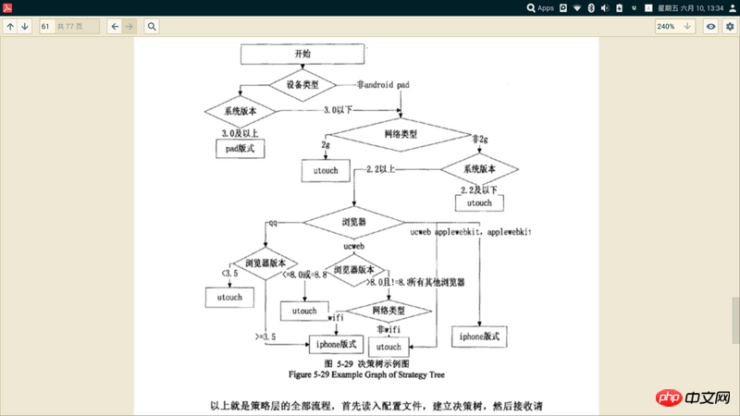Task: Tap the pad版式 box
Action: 240,147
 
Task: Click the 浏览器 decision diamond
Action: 354,223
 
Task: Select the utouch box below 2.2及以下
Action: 479,202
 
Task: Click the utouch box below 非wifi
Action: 388,347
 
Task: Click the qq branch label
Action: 272,223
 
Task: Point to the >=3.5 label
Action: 267,336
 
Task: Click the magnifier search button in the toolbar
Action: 152,27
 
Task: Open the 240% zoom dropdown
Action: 674,27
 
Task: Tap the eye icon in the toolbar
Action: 710,27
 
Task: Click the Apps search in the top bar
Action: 539,7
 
